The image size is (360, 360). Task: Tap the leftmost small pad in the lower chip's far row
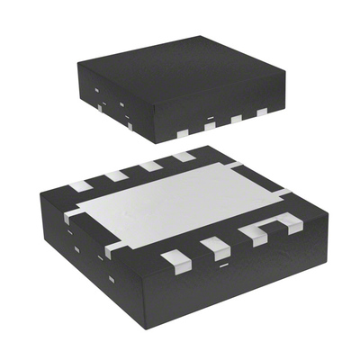coord(81,186)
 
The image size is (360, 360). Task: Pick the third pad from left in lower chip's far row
coord(150,166)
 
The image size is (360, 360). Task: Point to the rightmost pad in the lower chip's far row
coord(184,156)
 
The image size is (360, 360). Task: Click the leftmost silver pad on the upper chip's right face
coord(182,133)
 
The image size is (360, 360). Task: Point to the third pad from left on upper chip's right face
coord(238,119)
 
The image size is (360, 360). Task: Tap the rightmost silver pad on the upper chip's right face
coord(262,112)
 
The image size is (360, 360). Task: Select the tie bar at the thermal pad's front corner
coord(112,248)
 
